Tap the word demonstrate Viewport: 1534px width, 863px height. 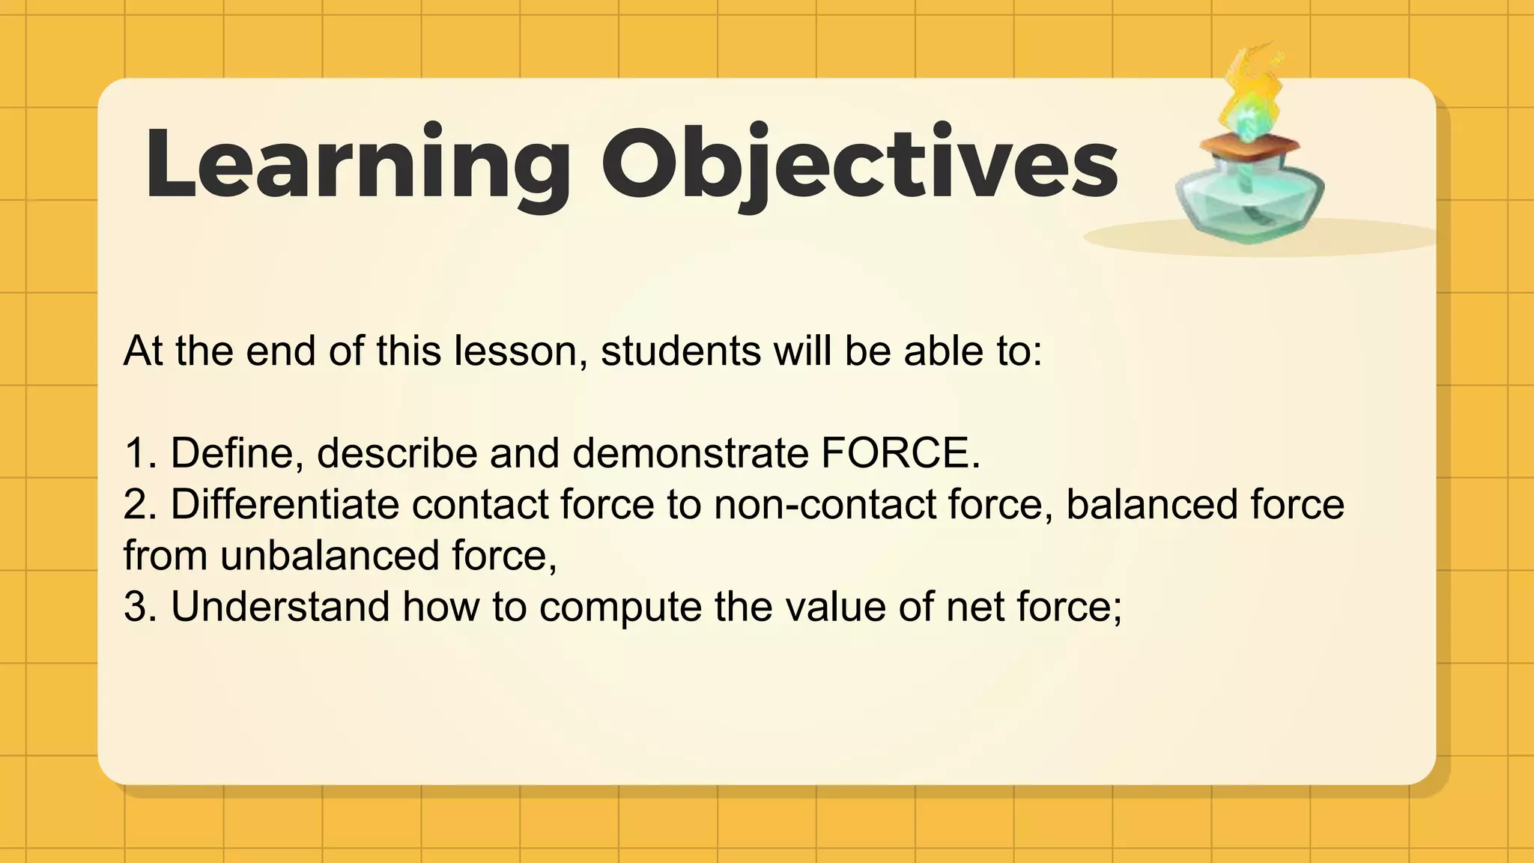[x=690, y=454]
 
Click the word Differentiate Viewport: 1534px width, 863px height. [x=285, y=504]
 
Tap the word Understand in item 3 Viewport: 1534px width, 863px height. [x=280, y=607]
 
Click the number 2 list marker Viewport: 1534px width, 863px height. [x=138, y=504]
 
